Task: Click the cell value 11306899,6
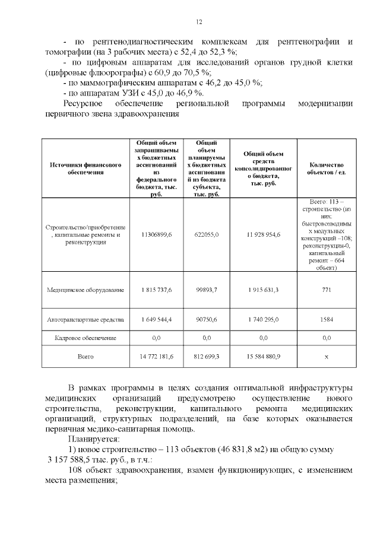pyautogui.click(x=157, y=234)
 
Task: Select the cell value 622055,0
pyautogui.click(x=207, y=234)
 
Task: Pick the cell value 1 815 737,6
pyautogui.click(x=157, y=290)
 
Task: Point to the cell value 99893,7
pyautogui.click(x=207, y=290)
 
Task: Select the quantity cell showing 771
pyautogui.click(x=326, y=290)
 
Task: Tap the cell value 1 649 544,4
pyautogui.click(x=157, y=319)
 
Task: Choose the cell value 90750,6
pyautogui.click(x=207, y=319)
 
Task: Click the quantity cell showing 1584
pyautogui.click(x=326, y=319)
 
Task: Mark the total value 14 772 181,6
pyautogui.click(x=157, y=356)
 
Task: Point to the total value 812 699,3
pyautogui.click(x=207, y=356)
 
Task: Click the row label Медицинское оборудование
pyautogui.click(x=86, y=290)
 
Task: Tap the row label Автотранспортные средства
pyautogui.click(x=86, y=319)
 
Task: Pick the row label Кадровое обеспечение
pyautogui.click(x=86, y=338)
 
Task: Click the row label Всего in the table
pyautogui.click(x=86, y=356)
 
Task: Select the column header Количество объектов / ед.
pyautogui.click(x=326, y=169)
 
